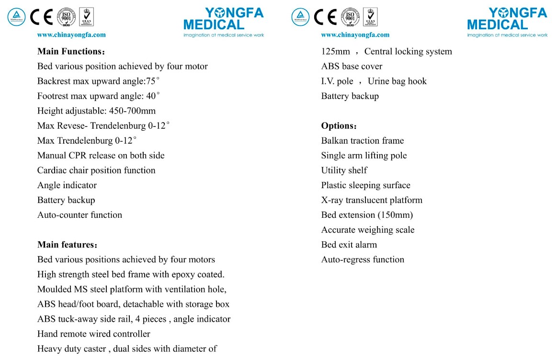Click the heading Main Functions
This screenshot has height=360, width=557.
pyautogui.click(x=70, y=51)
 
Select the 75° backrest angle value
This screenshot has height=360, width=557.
pyautogui.click(x=155, y=81)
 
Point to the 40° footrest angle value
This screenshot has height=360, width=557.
pyautogui.click(x=153, y=96)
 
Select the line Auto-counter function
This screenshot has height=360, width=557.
pyautogui.click(x=80, y=214)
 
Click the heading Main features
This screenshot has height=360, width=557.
pyautogui.click(x=67, y=245)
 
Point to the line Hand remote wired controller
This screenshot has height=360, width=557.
pyautogui.click(x=93, y=334)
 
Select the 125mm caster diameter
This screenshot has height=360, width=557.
pyautogui.click(x=335, y=51)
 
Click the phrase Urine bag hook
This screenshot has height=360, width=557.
pyautogui.click(x=397, y=81)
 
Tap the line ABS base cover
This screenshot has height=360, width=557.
pyautogui.click(x=352, y=66)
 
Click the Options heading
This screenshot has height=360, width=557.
pyautogui.click(x=338, y=126)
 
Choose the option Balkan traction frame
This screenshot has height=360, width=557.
pyautogui.click(x=362, y=140)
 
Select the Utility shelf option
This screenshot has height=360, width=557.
pyautogui.click(x=344, y=170)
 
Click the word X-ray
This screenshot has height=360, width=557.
pyautogui.click(x=332, y=200)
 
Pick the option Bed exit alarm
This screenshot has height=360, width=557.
pyautogui.click(x=349, y=244)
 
